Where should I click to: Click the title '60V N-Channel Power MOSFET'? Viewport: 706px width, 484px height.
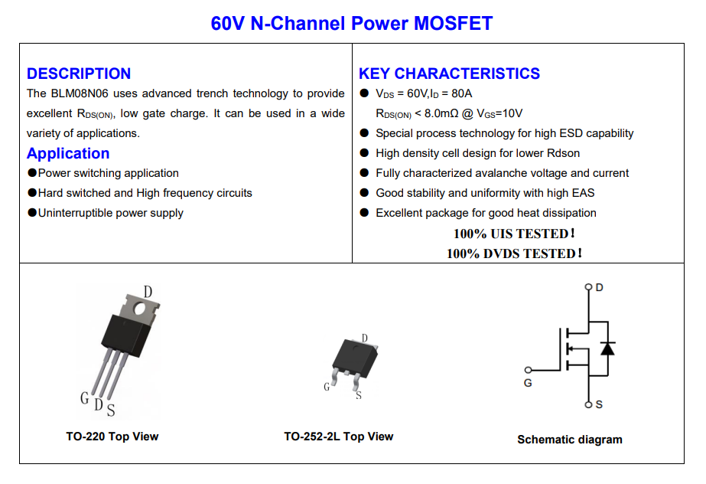tap(352, 24)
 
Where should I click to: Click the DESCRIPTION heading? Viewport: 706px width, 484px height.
tap(79, 74)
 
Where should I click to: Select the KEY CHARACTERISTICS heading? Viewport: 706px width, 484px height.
tap(449, 74)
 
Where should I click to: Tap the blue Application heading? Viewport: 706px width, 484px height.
tap(68, 153)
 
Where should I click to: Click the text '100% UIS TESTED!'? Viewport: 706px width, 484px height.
tap(514, 234)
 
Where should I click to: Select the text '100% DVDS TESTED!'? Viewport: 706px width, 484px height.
tap(514, 253)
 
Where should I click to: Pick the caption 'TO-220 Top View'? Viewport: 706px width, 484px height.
tap(112, 437)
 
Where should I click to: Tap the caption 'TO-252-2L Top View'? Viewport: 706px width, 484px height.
tap(339, 437)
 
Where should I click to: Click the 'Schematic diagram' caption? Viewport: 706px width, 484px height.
tap(570, 440)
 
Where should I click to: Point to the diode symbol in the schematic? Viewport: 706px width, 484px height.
tap(607, 348)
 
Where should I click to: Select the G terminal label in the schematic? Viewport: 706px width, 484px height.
tap(528, 382)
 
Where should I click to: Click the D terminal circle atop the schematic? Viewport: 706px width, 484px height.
tap(588, 288)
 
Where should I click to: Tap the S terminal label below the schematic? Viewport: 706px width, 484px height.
tap(599, 404)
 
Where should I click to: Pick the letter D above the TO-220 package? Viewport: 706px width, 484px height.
tap(148, 292)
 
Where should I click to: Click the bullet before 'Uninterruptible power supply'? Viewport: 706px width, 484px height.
tap(32, 213)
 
